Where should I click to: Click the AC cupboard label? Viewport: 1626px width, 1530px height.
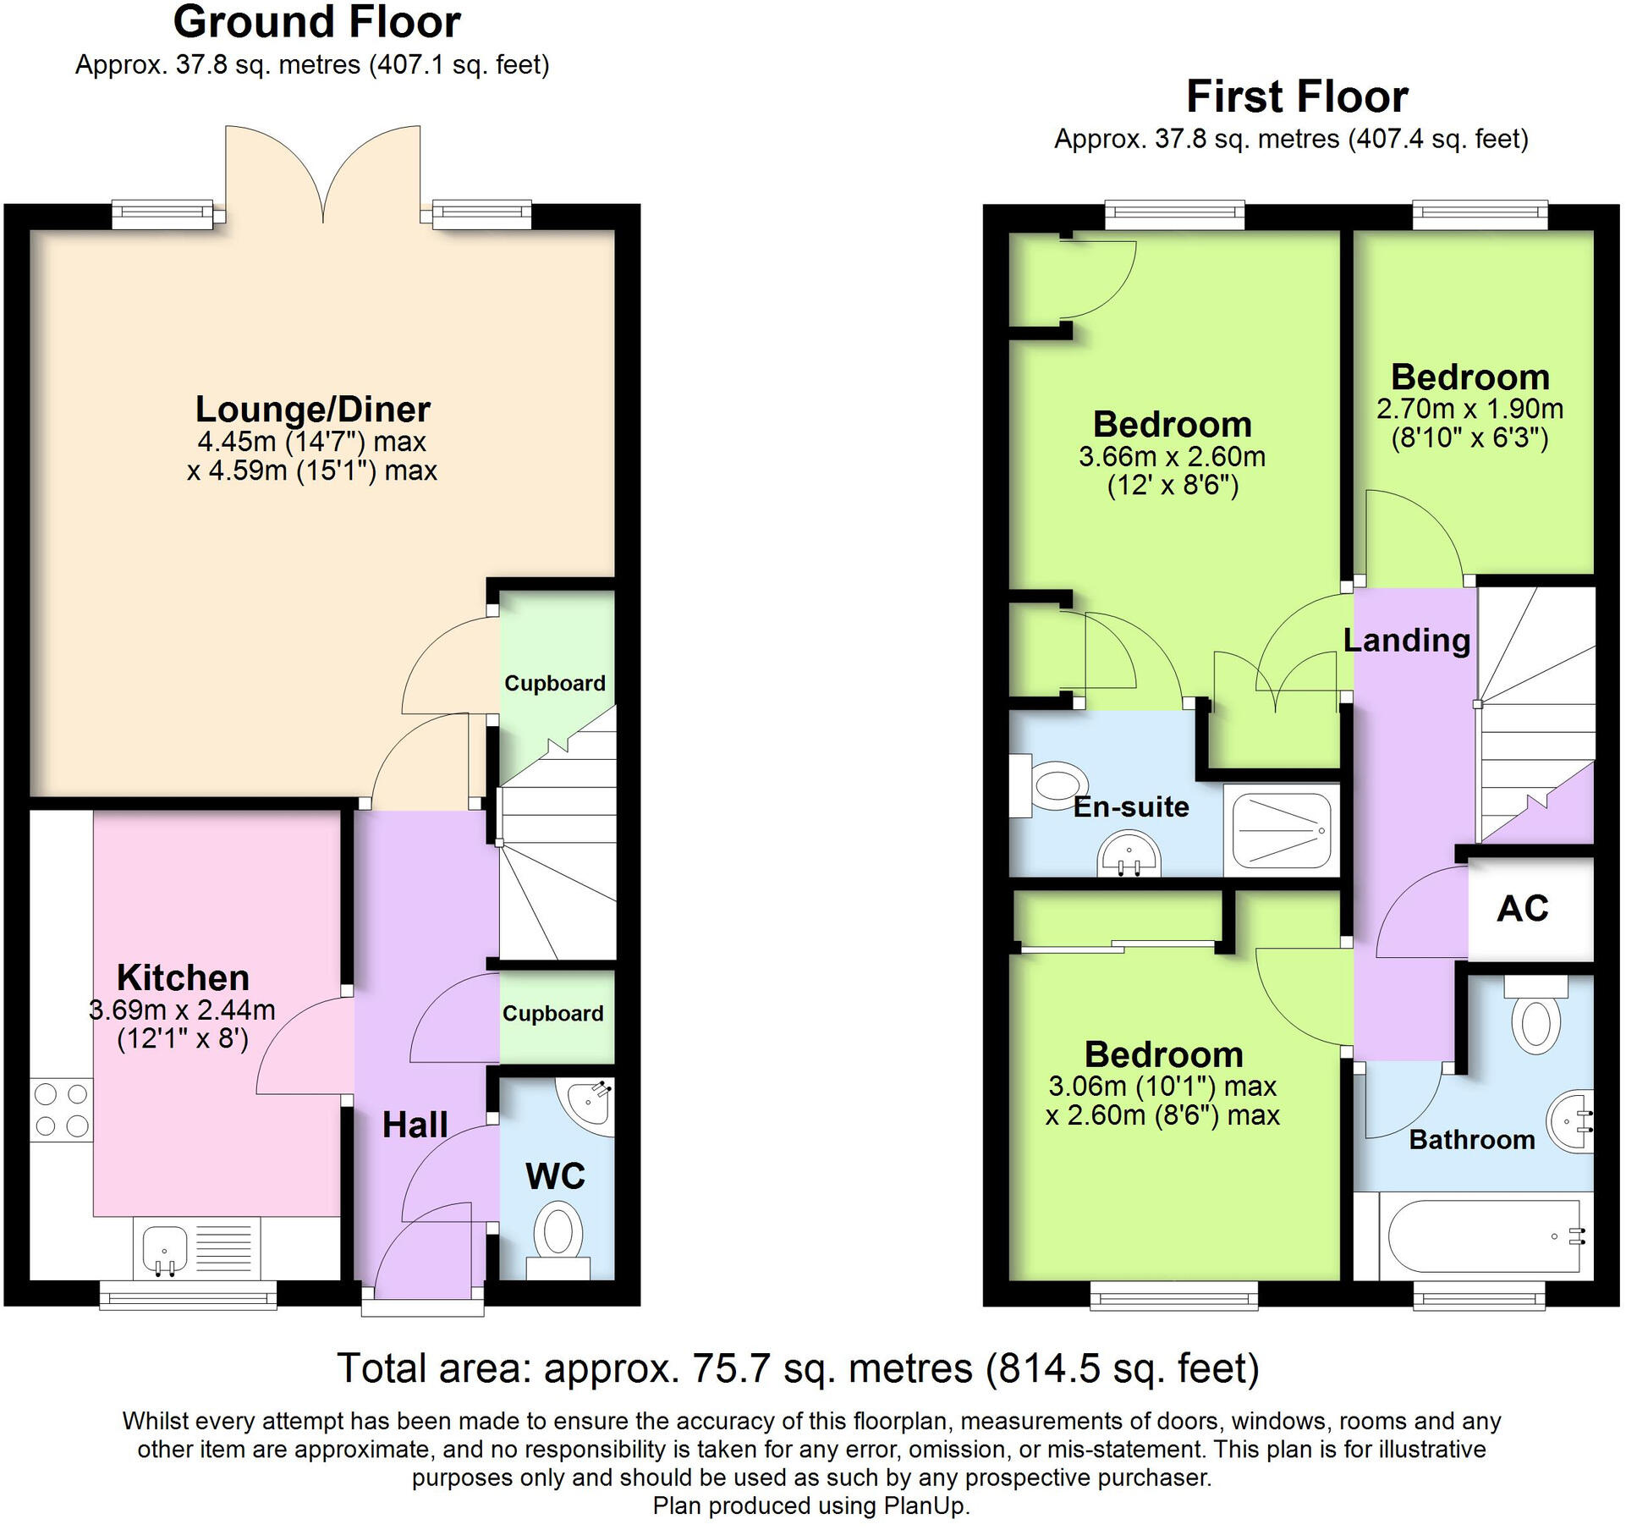click(1522, 909)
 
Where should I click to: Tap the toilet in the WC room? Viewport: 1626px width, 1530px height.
click(558, 1236)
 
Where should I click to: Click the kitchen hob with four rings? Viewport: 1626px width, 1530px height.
click(61, 1110)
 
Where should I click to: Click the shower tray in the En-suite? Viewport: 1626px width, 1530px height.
click(1282, 829)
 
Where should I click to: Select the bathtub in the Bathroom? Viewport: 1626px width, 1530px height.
click(1485, 1236)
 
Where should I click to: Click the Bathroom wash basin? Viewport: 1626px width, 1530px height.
click(1573, 1121)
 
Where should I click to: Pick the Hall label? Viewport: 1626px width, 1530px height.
click(415, 1125)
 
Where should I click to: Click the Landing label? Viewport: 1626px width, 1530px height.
click(1407, 641)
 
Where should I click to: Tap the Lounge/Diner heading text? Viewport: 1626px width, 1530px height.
click(313, 410)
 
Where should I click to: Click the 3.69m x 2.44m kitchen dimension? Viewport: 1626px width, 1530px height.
click(183, 1010)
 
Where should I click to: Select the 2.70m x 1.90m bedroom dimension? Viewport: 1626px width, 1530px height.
click(1469, 409)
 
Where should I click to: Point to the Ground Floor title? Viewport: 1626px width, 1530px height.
click(316, 22)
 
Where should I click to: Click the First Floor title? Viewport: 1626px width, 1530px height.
click(1297, 96)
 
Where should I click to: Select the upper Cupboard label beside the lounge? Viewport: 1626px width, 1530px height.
click(555, 683)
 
